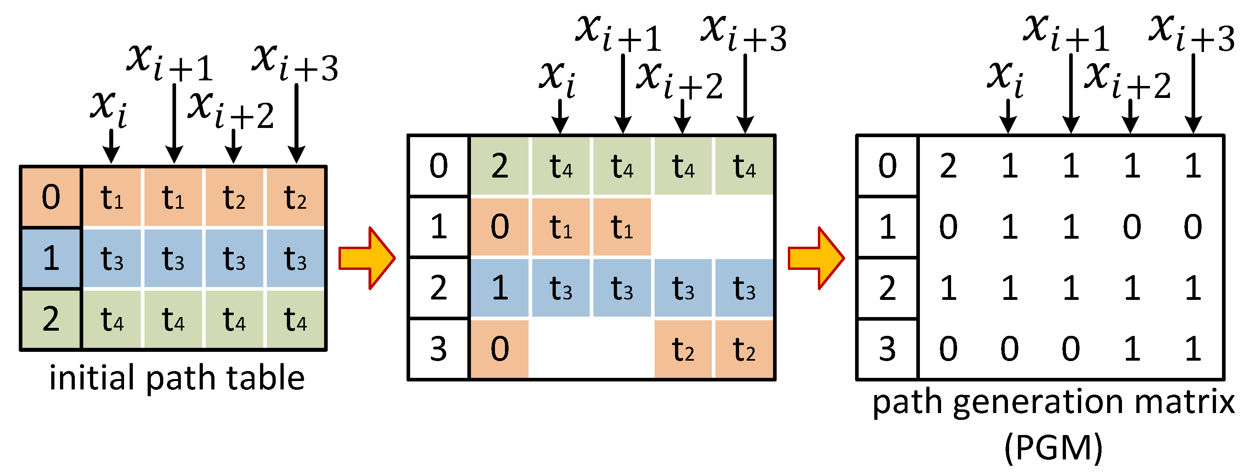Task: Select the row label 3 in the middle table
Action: pos(439,349)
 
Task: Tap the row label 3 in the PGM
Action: pos(887,349)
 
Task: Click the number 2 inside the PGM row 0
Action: pos(948,166)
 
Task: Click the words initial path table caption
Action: pos(177,378)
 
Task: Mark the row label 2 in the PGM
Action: pos(887,287)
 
